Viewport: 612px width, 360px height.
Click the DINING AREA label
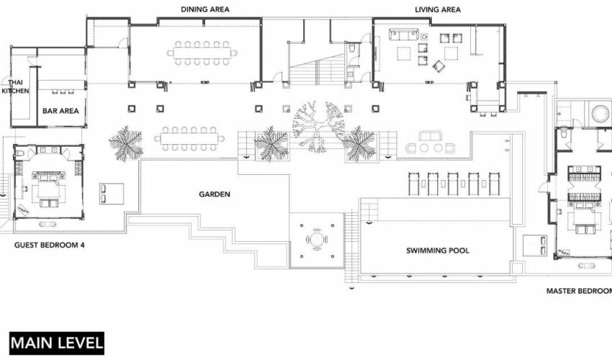(205, 9)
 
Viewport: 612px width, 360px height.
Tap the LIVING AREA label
(438, 9)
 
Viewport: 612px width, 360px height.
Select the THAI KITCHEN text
(15, 86)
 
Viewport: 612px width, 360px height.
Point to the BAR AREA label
(60, 111)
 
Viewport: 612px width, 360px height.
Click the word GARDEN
(215, 194)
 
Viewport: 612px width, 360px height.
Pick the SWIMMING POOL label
(438, 251)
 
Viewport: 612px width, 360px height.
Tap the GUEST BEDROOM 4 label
(50, 246)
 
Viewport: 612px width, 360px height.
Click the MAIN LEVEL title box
(57, 343)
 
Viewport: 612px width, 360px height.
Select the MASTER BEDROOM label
(579, 291)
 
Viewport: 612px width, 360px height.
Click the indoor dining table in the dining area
(202, 53)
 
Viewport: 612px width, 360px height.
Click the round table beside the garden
(317, 240)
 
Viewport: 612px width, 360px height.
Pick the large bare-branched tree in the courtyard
(319, 126)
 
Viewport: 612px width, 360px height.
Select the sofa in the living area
(404, 35)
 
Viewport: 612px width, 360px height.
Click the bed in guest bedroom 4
(49, 189)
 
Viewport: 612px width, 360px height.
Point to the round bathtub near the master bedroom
(601, 114)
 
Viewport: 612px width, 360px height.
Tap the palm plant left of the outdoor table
(126, 143)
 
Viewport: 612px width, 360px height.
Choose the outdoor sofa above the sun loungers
(430, 136)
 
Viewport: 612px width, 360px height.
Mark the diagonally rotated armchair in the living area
(438, 66)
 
